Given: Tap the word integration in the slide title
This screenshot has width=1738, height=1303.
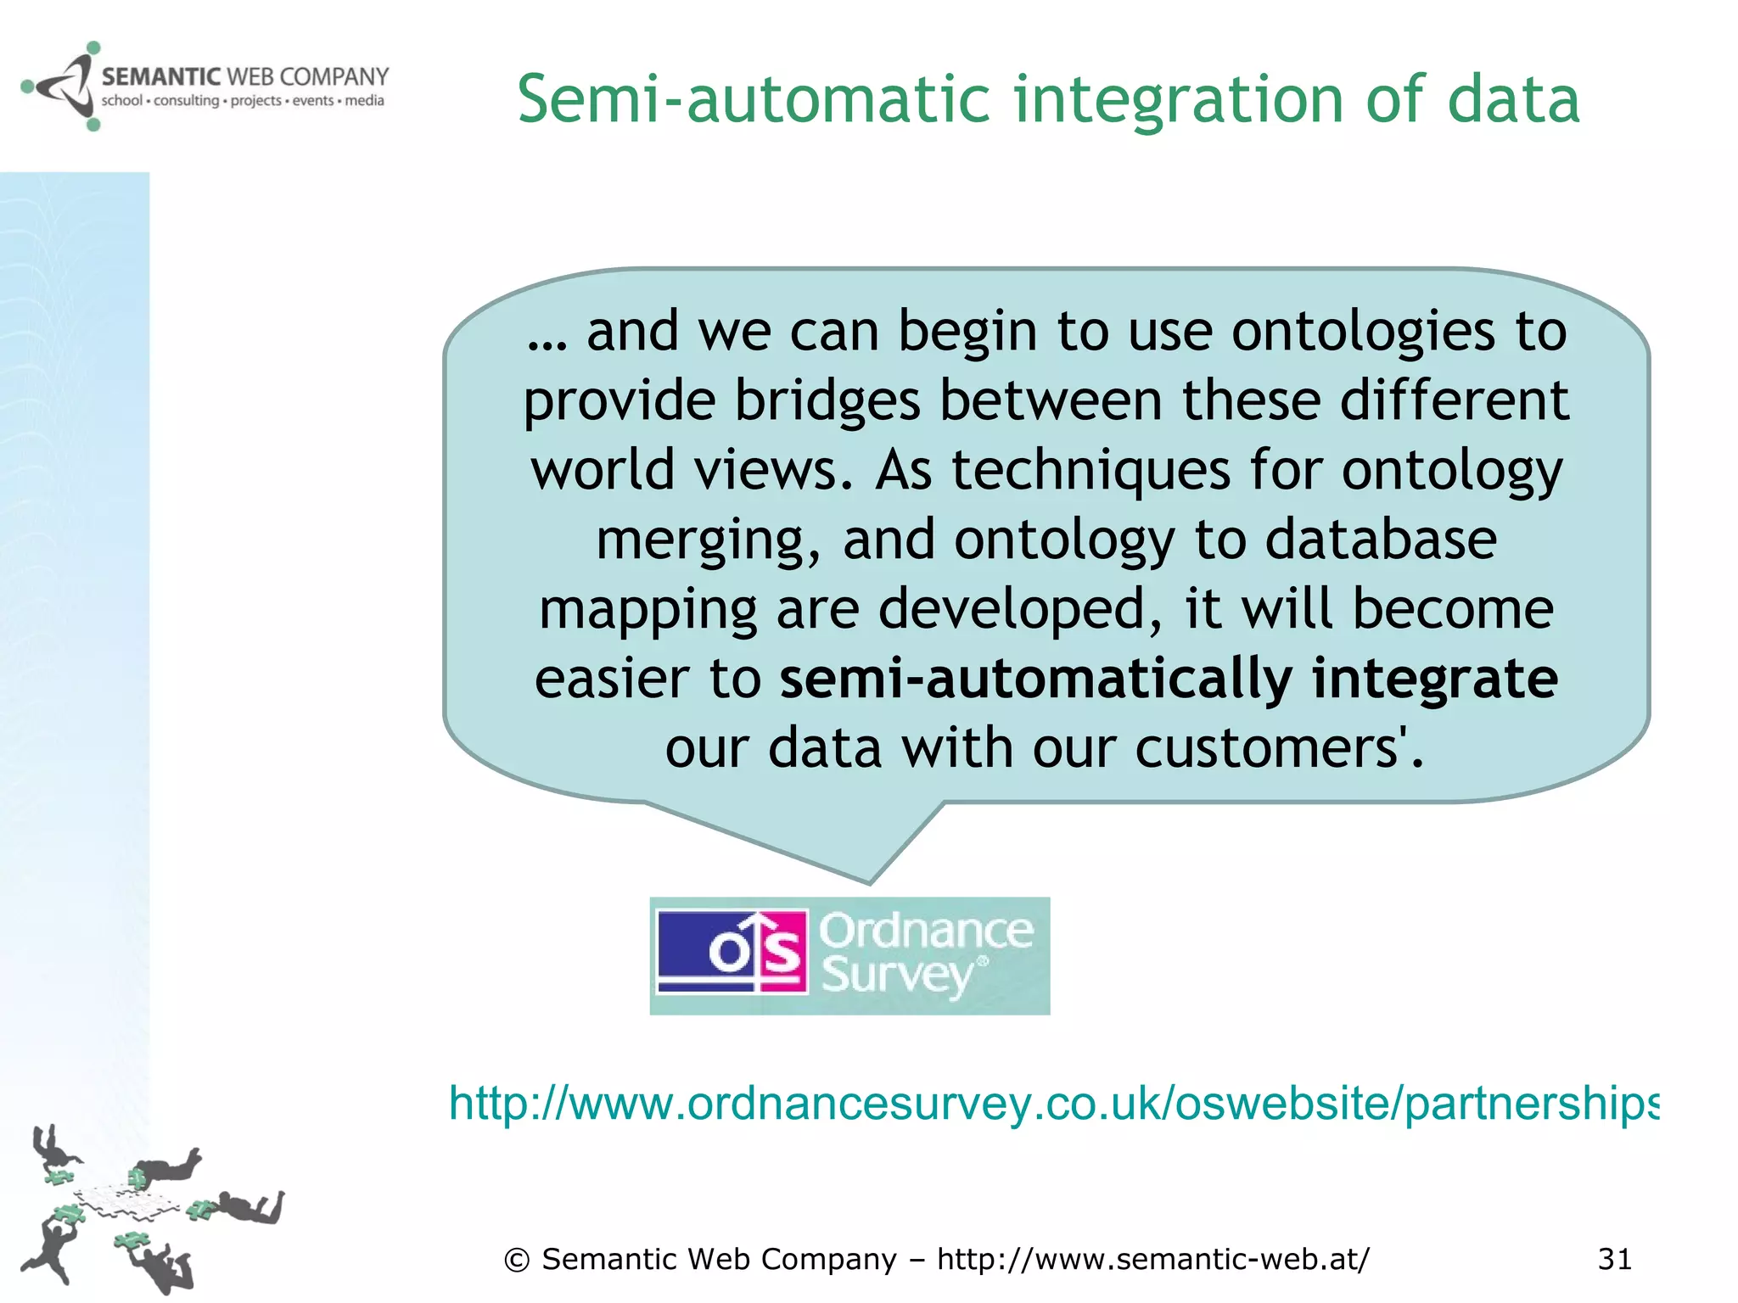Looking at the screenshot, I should tap(1180, 100).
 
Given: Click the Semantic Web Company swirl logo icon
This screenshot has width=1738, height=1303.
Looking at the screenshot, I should tap(59, 86).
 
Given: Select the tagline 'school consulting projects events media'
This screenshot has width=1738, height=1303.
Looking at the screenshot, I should tap(243, 101).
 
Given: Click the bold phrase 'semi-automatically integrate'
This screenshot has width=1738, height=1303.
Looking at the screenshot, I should tap(1169, 679).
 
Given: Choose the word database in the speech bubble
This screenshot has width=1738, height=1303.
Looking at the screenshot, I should tap(1381, 540).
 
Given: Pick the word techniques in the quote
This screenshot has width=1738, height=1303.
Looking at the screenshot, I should tap(1090, 470).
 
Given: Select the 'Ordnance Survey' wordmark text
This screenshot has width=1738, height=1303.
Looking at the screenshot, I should tap(925, 953).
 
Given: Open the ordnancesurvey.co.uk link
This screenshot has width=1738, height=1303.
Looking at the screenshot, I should tap(1052, 1104).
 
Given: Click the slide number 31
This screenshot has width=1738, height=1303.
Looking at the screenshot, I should tap(1614, 1259).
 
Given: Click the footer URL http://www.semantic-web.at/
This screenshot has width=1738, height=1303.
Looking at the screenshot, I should tap(1152, 1259).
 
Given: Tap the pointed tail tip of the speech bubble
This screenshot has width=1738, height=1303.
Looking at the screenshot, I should tap(869, 881).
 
